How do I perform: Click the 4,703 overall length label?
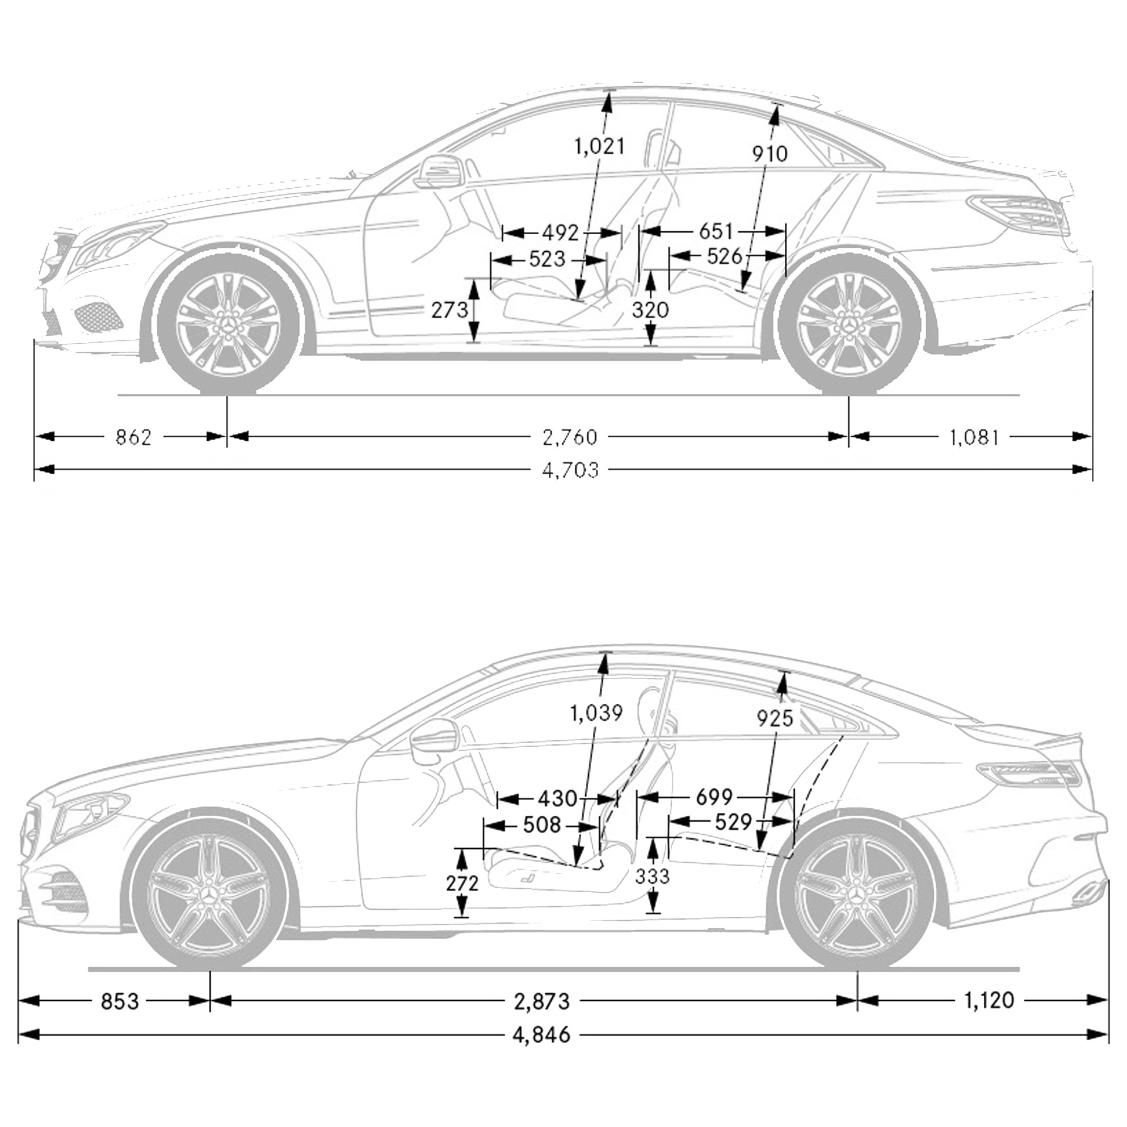point(571,470)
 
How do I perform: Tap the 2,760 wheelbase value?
point(570,437)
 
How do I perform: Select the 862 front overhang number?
point(133,437)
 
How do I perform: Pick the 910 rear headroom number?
point(770,154)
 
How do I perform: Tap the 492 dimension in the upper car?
point(560,233)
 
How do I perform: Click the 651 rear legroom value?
point(716,232)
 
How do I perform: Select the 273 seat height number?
point(450,310)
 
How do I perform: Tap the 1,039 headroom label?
point(596,713)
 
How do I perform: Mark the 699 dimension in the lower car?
point(714,797)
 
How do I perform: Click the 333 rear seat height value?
point(652,876)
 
